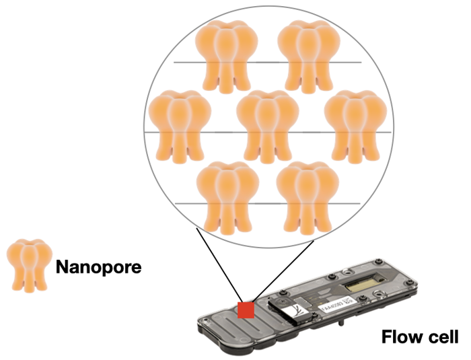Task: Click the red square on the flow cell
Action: click(x=246, y=310)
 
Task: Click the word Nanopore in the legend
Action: click(x=98, y=267)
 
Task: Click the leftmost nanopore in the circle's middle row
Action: click(x=172, y=124)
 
